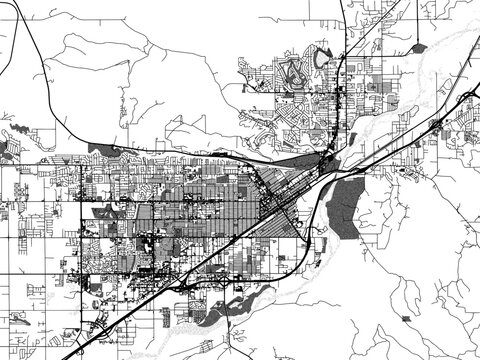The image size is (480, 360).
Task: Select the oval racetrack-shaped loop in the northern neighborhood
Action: pyautogui.click(x=292, y=69)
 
